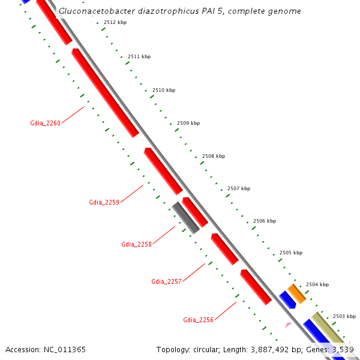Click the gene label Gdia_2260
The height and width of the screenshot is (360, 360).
point(46,123)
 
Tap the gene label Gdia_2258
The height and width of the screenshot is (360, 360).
point(136,244)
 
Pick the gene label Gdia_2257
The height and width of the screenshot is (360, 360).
point(166,281)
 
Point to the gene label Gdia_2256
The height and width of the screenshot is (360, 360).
point(198,320)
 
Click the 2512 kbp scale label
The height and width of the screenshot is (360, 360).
point(115,22)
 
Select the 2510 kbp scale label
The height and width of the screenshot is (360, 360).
point(164,90)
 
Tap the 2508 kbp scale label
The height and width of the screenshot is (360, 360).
point(214,156)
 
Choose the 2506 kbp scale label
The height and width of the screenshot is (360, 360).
point(265,221)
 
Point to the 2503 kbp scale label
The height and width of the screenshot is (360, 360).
point(344,316)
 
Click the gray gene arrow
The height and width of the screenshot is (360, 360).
point(185,218)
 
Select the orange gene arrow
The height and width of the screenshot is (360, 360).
point(296,293)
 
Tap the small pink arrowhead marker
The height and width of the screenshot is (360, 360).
point(288,325)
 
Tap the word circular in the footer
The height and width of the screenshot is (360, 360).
point(207,349)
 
